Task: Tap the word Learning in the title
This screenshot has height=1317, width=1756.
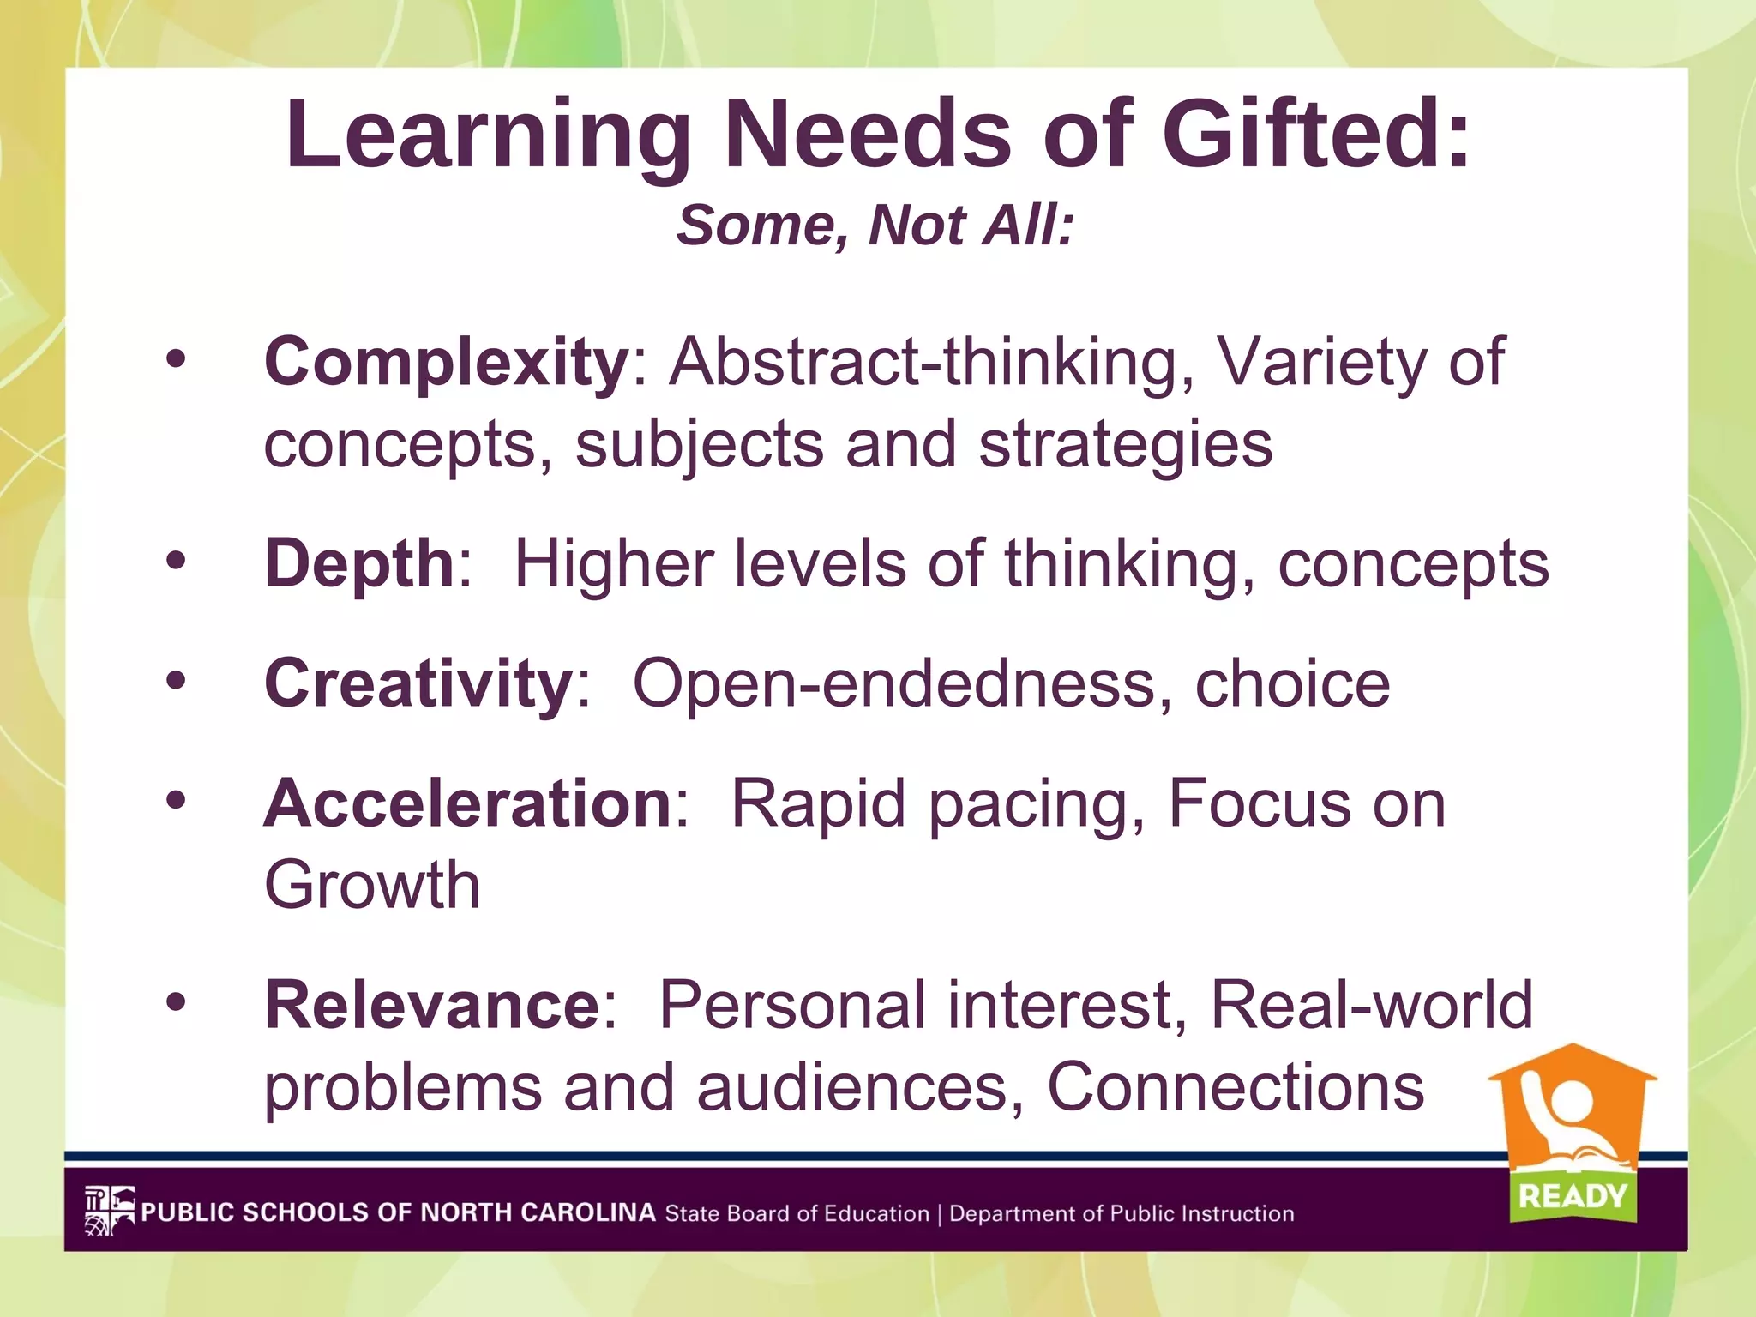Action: [x=489, y=135]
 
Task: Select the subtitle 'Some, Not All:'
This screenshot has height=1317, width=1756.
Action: [x=875, y=226]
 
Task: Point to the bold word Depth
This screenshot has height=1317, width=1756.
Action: [x=358, y=563]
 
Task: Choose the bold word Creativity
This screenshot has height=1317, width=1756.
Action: [x=418, y=683]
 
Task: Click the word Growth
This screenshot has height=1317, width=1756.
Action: [x=371, y=885]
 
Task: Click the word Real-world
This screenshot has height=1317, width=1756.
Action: [x=1371, y=1005]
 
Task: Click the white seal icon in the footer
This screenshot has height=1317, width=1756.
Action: [x=110, y=1211]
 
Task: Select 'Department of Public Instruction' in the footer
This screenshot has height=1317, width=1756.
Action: [x=1122, y=1214]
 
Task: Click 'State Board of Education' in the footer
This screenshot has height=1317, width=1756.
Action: [x=797, y=1214]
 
